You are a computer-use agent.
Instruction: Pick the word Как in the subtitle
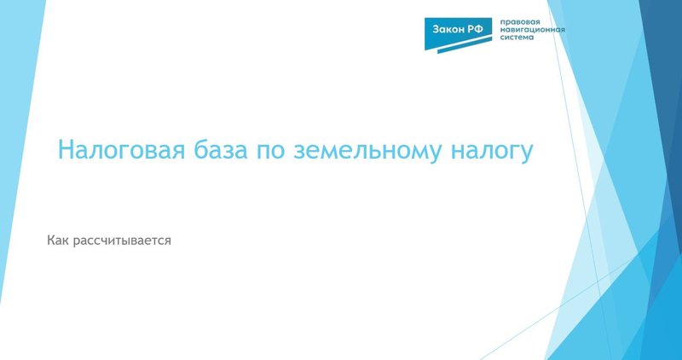(x=60, y=241)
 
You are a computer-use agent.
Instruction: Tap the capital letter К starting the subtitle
(x=52, y=241)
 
